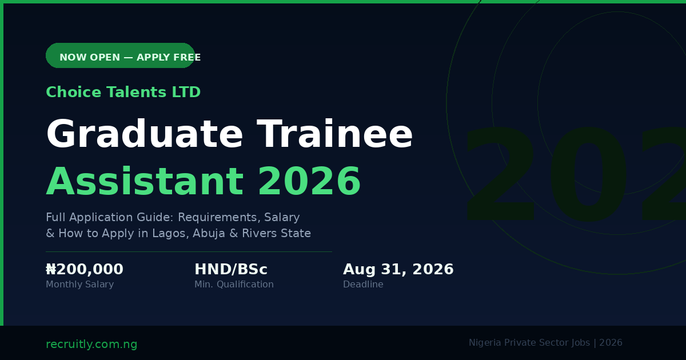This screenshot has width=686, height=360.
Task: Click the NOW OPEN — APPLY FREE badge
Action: (x=121, y=55)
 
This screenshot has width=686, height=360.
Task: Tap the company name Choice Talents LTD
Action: (x=123, y=92)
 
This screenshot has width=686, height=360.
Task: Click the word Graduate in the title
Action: (x=144, y=134)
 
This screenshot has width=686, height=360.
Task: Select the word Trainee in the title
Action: (x=335, y=134)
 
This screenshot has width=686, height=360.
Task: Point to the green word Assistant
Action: (x=145, y=181)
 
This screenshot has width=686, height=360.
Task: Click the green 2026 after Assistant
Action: (x=309, y=181)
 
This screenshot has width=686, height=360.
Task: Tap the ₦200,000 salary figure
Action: (x=85, y=269)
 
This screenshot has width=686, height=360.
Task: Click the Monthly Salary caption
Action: (x=79, y=285)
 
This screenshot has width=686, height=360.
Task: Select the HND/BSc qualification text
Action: (x=231, y=269)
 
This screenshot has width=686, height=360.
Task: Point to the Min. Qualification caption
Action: (x=234, y=285)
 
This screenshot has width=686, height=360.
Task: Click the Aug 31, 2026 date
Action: (x=398, y=269)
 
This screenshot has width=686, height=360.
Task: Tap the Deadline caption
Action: (x=363, y=285)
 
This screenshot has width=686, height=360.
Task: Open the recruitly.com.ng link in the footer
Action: (x=91, y=344)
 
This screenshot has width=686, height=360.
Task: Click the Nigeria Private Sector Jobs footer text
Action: (x=529, y=342)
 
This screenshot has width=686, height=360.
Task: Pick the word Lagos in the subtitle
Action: (x=170, y=233)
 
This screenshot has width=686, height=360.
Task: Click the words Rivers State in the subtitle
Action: (x=276, y=233)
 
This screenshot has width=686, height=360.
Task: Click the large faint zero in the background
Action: (x=589, y=174)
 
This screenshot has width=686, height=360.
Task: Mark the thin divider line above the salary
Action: (x=189, y=251)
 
